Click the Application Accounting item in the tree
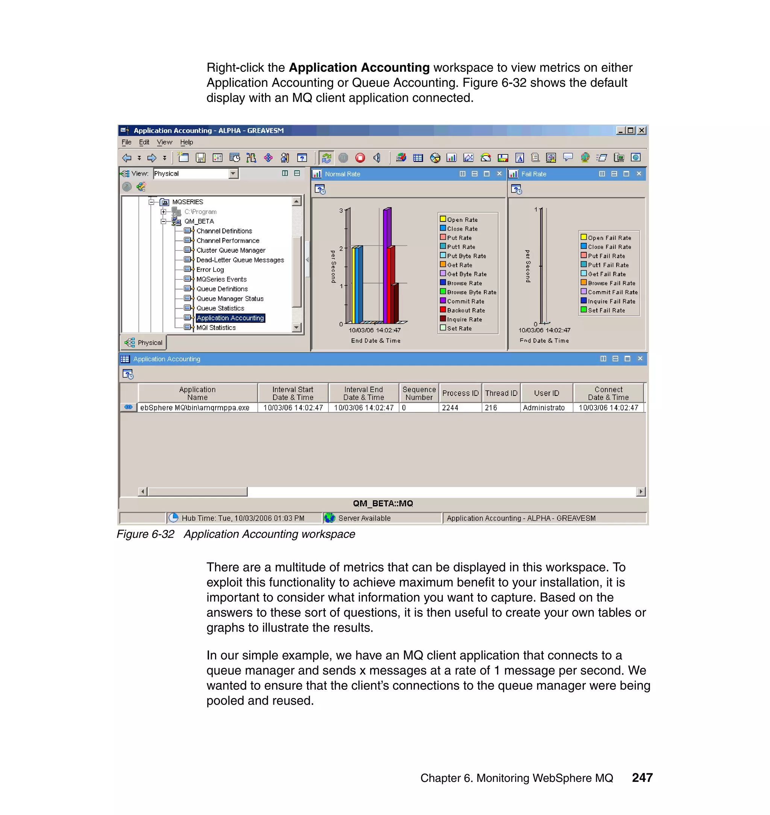click(230, 318)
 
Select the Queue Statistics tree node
click(220, 308)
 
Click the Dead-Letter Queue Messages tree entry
click(240, 260)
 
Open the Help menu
click(186, 142)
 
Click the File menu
click(126, 142)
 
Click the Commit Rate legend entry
click(465, 301)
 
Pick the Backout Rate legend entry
click(466, 310)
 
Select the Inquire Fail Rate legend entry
click(611, 301)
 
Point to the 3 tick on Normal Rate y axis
click(341, 211)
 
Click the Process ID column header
click(460, 393)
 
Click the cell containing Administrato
click(544, 408)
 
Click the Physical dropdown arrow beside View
click(233, 174)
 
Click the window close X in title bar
click(641, 130)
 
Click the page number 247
click(642, 778)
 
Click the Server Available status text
click(364, 518)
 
